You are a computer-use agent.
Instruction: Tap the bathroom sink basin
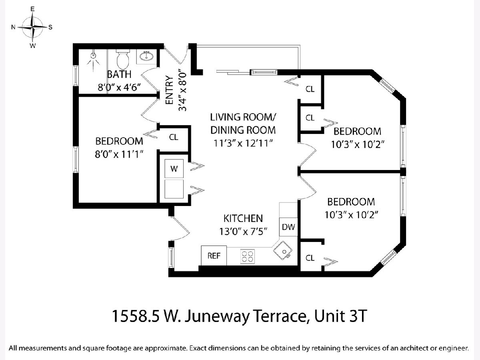[146, 56]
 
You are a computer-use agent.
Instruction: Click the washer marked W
[174, 168]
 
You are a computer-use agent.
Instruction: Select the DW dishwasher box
[288, 227]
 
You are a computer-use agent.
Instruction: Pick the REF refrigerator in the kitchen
[214, 256]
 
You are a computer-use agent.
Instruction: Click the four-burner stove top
[248, 256]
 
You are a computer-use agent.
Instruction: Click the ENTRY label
[169, 90]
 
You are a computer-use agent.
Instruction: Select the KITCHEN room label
[243, 218]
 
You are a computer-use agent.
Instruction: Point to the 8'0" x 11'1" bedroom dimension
[119, 154]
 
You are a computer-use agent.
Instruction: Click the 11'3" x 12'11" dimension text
[243, 143]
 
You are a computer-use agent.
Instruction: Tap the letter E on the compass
[32, 9]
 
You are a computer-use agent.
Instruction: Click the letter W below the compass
[32, 46]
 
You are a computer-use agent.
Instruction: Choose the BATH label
[119, 74]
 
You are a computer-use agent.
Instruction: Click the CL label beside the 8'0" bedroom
[174, 137]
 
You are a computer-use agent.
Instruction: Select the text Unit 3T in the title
[340, 316]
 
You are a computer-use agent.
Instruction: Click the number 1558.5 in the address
[136, 316]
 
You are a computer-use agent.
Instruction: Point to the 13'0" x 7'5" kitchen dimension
[243, 231]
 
